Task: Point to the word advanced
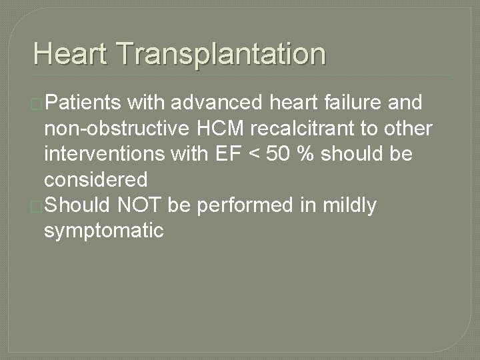click(x=215, y=103)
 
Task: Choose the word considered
click(x=95, y=179)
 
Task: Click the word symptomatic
click(x=103, y=231)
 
